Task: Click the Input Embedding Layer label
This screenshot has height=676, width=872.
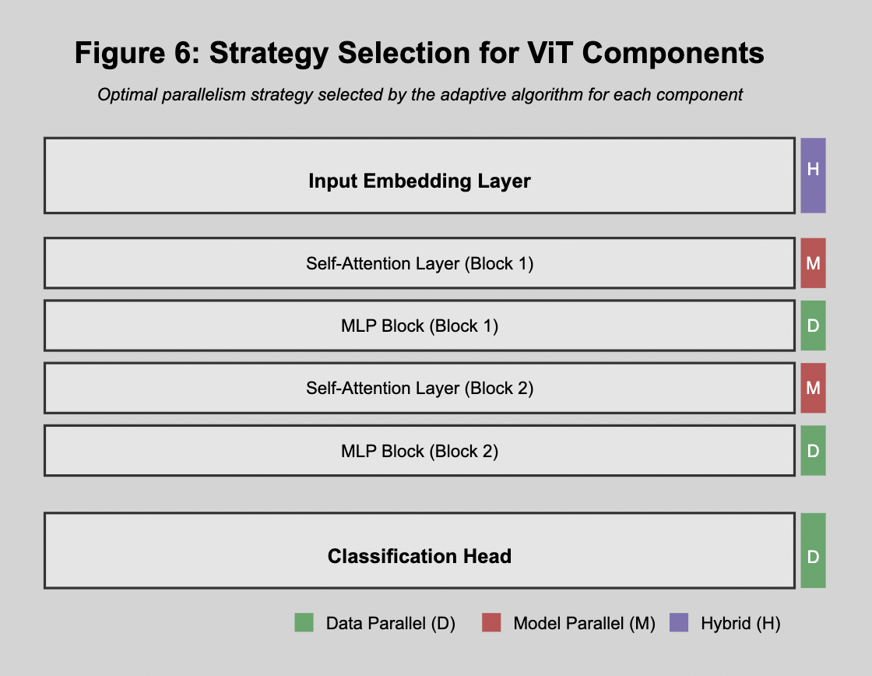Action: pyautogui.click(x=420, y=181)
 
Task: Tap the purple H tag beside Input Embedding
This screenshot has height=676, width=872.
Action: pyautogui.click(x=813, y=175)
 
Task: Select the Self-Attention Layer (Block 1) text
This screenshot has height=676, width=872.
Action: pyautogui.click(x=420, y=263)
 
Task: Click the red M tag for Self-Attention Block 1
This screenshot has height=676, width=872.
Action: pyautogui.click(x=813, y=263)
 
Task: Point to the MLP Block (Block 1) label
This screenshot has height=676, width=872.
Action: pyautogui.click(x=420, y=326)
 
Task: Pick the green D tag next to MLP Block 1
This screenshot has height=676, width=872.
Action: pyautogui.click(x=813, y=326)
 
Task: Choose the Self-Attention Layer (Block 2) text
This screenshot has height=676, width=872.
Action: pyautogui.click(x=420, y=388)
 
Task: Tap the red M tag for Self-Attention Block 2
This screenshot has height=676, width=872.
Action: pyautogui.click(x=813, y=388)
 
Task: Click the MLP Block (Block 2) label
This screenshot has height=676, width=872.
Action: pyautogui.click(x=420, y=451)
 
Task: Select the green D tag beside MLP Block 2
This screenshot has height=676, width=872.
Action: pyautogui.click(x=813, y=451)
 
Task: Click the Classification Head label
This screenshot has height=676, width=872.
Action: pyautogui.click(x=420, y=556)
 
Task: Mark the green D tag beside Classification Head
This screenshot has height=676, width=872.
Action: pyautogui.click(x=813, y=551)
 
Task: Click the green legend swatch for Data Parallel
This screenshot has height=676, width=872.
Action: pyautogui.click(x=304, y=622)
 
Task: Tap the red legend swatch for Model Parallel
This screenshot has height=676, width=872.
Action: pyautogui.click(x=491, y=622)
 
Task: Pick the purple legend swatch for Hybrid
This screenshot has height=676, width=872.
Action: pyautogui.click(x=679, y=622)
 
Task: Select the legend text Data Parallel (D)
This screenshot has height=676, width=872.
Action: pyautogui.click(x=390, y=623)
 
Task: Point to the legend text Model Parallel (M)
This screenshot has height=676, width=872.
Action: pyautogui.click(x=584, y=623)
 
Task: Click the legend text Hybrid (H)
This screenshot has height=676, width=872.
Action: pyautogui.click(x=740, y=623)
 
